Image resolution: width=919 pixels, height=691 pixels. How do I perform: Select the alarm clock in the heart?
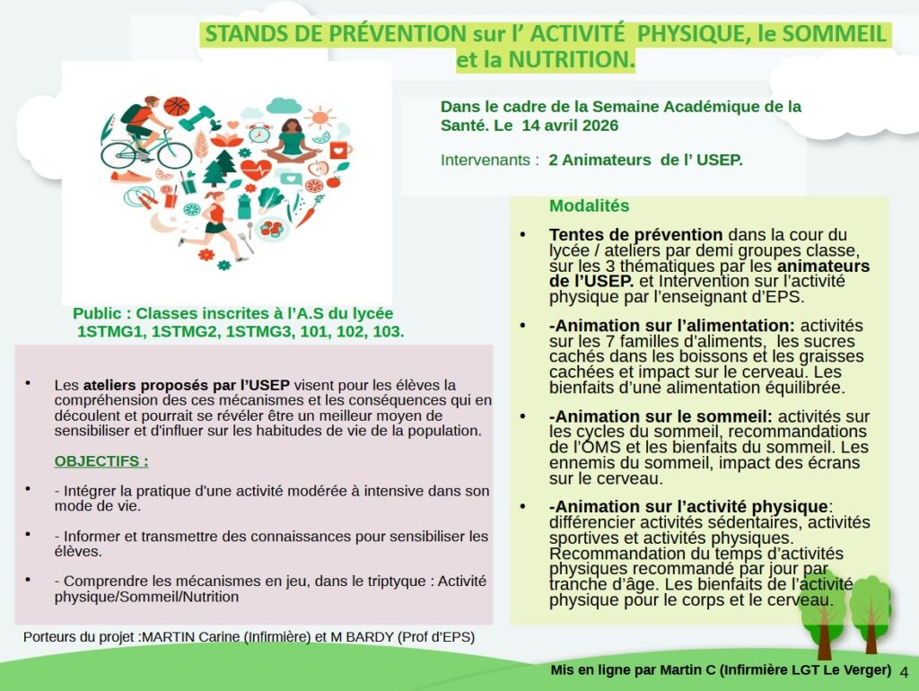259,134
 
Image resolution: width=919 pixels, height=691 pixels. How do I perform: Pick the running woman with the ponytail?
214,218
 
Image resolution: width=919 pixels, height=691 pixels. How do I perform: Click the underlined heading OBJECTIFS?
101,461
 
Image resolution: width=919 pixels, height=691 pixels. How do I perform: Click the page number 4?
903,672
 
